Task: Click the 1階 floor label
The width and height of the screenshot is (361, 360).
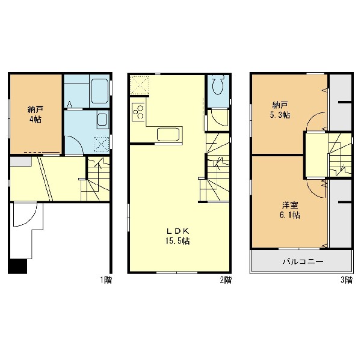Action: [106, 280]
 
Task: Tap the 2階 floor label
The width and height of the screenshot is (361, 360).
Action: [226, 280]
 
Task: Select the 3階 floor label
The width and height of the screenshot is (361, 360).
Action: [347, 280]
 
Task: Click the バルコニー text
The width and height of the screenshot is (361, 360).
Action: [303, 261]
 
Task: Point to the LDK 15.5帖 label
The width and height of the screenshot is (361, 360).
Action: [177, 236]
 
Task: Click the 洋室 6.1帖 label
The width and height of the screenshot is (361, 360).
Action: [289, 210]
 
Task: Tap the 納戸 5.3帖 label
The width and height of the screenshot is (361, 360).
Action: [280, 110]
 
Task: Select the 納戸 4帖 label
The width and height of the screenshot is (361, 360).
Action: [35, 114]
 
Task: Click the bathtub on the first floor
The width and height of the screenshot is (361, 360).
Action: [99, 91]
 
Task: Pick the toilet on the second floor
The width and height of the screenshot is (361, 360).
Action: [218, 85]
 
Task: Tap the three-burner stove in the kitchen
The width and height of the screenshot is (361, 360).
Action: [138, 112]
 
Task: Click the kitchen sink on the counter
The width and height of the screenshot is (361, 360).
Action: [168, 134]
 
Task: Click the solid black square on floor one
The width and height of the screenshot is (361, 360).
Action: [17, 266]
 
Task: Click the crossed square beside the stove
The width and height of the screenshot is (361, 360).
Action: [140, 85]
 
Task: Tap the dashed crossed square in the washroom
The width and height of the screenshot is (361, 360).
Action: [101, 144]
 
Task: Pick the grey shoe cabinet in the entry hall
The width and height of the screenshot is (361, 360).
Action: [20, 161]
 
